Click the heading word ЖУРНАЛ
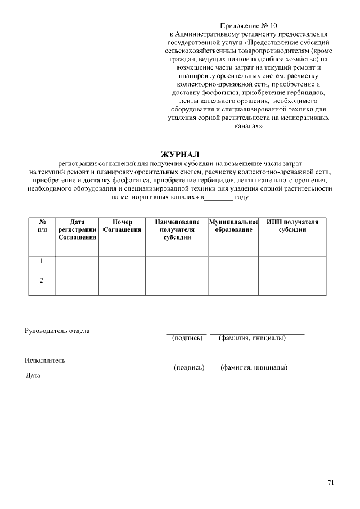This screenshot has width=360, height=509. pos(180,154)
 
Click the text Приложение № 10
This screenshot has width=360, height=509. pos(248,25)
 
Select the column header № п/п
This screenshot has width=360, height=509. pos(42,226)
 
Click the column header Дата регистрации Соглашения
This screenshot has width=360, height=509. pos(77,229)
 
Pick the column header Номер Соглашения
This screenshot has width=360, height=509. pos(122,226)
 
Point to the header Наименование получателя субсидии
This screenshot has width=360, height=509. pos(177,229)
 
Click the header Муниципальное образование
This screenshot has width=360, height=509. pos(233,226)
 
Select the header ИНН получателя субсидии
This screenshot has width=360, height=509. pos(292,226)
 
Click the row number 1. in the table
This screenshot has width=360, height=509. pos(42,262)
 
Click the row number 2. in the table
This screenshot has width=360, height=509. pos(42,281)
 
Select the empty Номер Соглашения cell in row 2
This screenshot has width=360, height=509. pos(122,285)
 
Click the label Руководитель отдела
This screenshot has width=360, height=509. pos(57,330)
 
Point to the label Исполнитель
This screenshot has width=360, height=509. pos(45,360)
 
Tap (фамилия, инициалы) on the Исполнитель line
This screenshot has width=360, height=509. pos(254,368)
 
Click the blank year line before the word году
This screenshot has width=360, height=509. pos(218,198)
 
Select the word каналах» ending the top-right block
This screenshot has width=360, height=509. pos(248,127)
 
